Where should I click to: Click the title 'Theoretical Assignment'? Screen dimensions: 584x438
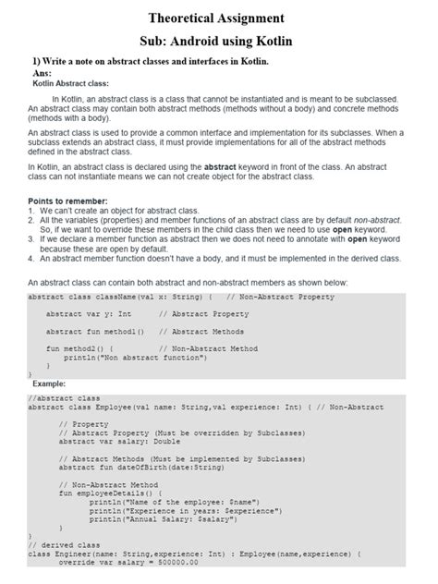(218, 18)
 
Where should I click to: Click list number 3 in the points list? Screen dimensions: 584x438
(31, 239)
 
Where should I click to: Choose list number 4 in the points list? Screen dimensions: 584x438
(31, 259)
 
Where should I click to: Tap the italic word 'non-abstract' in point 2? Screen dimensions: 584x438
(375, 220)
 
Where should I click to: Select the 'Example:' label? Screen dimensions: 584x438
(51, 383)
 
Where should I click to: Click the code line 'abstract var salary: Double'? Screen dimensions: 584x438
(120, 442)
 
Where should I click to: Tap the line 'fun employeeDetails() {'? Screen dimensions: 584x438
(109, 493)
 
